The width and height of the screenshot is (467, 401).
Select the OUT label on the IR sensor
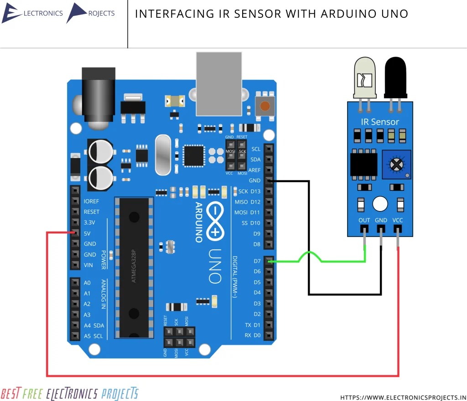[x=364, y=220]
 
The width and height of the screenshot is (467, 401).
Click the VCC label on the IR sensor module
[x=398, y=220]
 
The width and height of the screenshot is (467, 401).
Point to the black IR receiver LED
[x=395, y=78]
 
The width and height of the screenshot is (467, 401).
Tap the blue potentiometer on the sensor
[x=397, y=164]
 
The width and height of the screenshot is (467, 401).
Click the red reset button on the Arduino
[x=265, y=106]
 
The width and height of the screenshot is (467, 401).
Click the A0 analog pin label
[x=88, y=283]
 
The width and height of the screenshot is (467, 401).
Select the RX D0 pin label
[x=252, y=336]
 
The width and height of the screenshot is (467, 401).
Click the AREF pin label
[x=254, y=170]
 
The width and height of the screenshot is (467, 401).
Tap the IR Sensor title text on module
[x=380, y=122]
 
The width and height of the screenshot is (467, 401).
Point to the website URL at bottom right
[x=404, y=397]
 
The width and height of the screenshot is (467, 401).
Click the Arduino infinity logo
[x=215, y=222]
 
